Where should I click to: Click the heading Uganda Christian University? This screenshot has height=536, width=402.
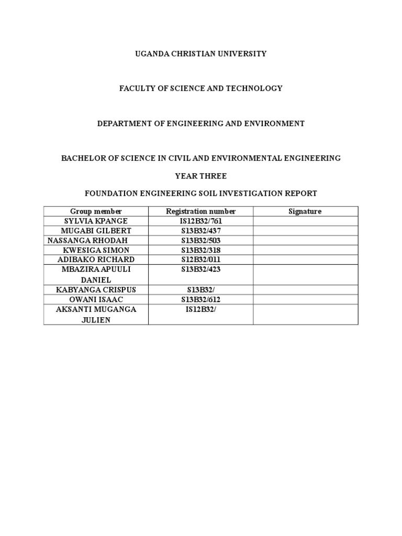point(201,53)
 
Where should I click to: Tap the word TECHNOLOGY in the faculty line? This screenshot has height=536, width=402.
point(254,88)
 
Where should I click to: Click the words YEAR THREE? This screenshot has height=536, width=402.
point(201,176)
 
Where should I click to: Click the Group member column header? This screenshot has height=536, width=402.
point(96,211)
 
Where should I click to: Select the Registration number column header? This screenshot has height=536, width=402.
point(201,211)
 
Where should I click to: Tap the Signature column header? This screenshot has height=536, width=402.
point(305,211)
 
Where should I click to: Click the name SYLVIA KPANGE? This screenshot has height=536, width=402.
point(96,221)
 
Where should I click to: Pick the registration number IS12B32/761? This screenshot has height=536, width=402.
point(201,221)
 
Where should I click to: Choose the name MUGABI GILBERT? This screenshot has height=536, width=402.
point(96,231)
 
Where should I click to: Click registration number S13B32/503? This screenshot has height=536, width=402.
point(201,240)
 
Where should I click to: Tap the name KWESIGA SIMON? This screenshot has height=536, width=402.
point(96,250)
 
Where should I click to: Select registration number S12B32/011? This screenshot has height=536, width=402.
point(201,260)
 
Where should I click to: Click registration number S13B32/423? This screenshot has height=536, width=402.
point(201,270)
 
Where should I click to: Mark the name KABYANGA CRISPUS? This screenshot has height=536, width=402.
point(96,289)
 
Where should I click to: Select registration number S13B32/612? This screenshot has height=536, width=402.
point(201,299)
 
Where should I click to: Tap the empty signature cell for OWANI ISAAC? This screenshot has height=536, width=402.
point(306,299)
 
